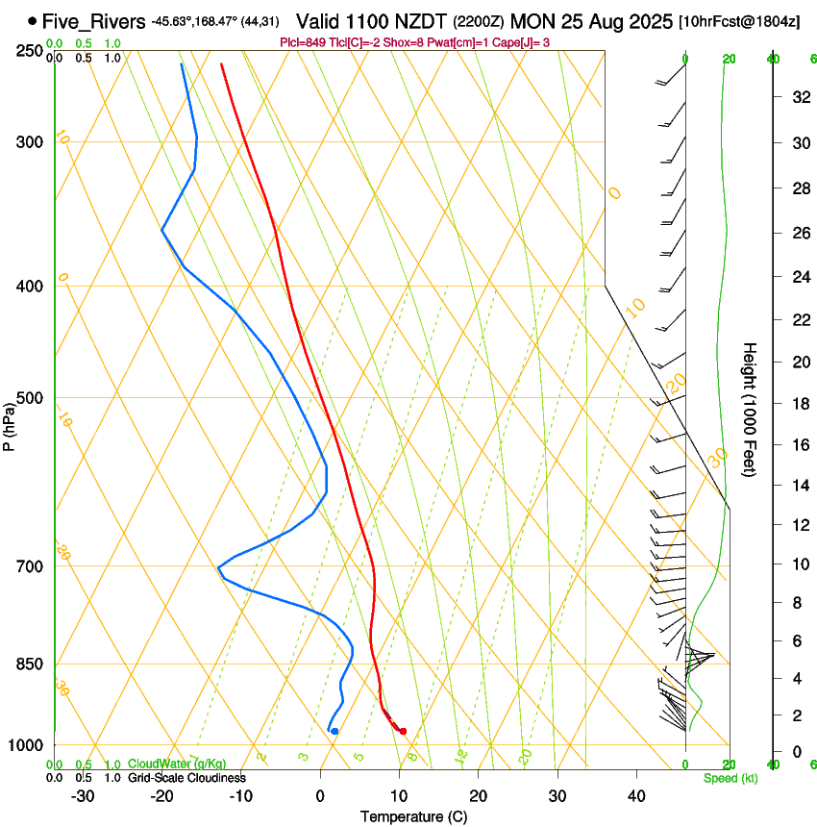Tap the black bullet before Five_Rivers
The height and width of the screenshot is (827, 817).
[33, 20]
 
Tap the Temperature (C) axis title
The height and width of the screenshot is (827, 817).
[413, 816]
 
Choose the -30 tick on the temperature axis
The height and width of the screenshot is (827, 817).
[83, 796]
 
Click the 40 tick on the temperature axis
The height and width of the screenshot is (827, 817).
[636, 796]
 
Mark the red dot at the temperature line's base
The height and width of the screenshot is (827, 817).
[403, 731]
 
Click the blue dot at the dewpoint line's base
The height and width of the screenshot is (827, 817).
[334, 731]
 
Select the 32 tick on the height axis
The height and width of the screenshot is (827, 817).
[799, 97]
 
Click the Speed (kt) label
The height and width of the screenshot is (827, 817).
[730, 778]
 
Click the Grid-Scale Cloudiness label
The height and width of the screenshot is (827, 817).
[186, 778]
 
